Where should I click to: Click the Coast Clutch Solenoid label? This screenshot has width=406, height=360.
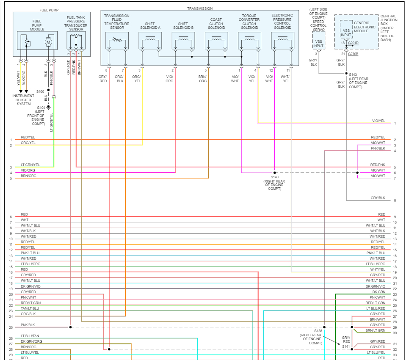pyautogui.click(x=216, y=24)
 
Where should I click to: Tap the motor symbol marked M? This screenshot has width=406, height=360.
pyautogui.click(x=48, y=42)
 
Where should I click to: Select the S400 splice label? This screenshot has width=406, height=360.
pyautogui.click(x=40, y=91)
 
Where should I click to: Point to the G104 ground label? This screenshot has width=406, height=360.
pyautogui.click(x=41, y=108)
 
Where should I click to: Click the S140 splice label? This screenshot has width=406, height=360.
pyautogui.click(x=275, y=177)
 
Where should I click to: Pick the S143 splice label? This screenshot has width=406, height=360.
pyautogui.click(x=353, y=75)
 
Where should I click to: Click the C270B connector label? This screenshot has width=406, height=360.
pyautogui.click(x=353, y=54)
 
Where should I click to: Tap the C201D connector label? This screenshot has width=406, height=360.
pyautogui.click(x=353, y=43)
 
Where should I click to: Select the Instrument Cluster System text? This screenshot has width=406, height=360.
pyautogui.click(x=24, y=100)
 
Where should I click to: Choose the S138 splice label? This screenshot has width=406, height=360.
pyautogui.click(x=318, y=330)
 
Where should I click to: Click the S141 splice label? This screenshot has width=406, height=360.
pyautogui.click(x=346, y=346)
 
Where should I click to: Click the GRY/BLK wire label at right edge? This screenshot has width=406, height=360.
pyautogui.click(x=378, y=198)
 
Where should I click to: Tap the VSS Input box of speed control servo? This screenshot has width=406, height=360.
pyautogui.click(x=319, y=43)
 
